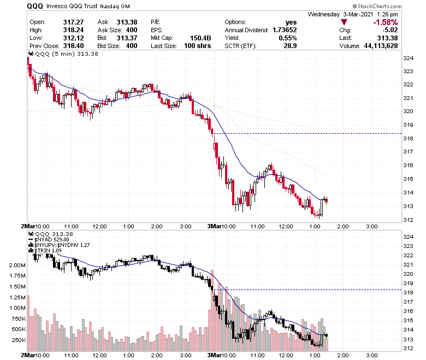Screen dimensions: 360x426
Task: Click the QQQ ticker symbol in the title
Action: pos(35,6)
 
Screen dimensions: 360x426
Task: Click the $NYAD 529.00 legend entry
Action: pos(50,239)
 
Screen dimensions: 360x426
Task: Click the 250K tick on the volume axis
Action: pos(16,340)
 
